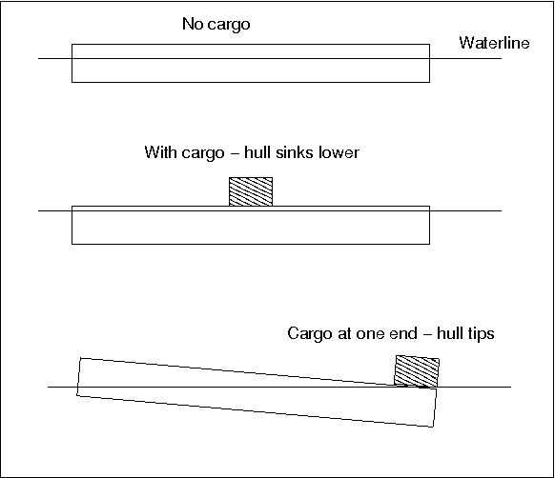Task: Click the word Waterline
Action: point(495,43)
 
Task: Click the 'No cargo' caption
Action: point(216,25)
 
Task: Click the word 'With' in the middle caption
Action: point(160,152)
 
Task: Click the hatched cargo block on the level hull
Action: point(251,191)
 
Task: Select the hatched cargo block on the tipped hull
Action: point(417,371)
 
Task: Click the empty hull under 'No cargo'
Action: point(251,63)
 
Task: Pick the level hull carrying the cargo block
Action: point(251,225)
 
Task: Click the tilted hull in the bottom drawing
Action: point(257,392)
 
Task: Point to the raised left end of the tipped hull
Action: point(79,377)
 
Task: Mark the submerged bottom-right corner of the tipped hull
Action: point(433,427)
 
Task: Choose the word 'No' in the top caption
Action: point(193,24)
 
